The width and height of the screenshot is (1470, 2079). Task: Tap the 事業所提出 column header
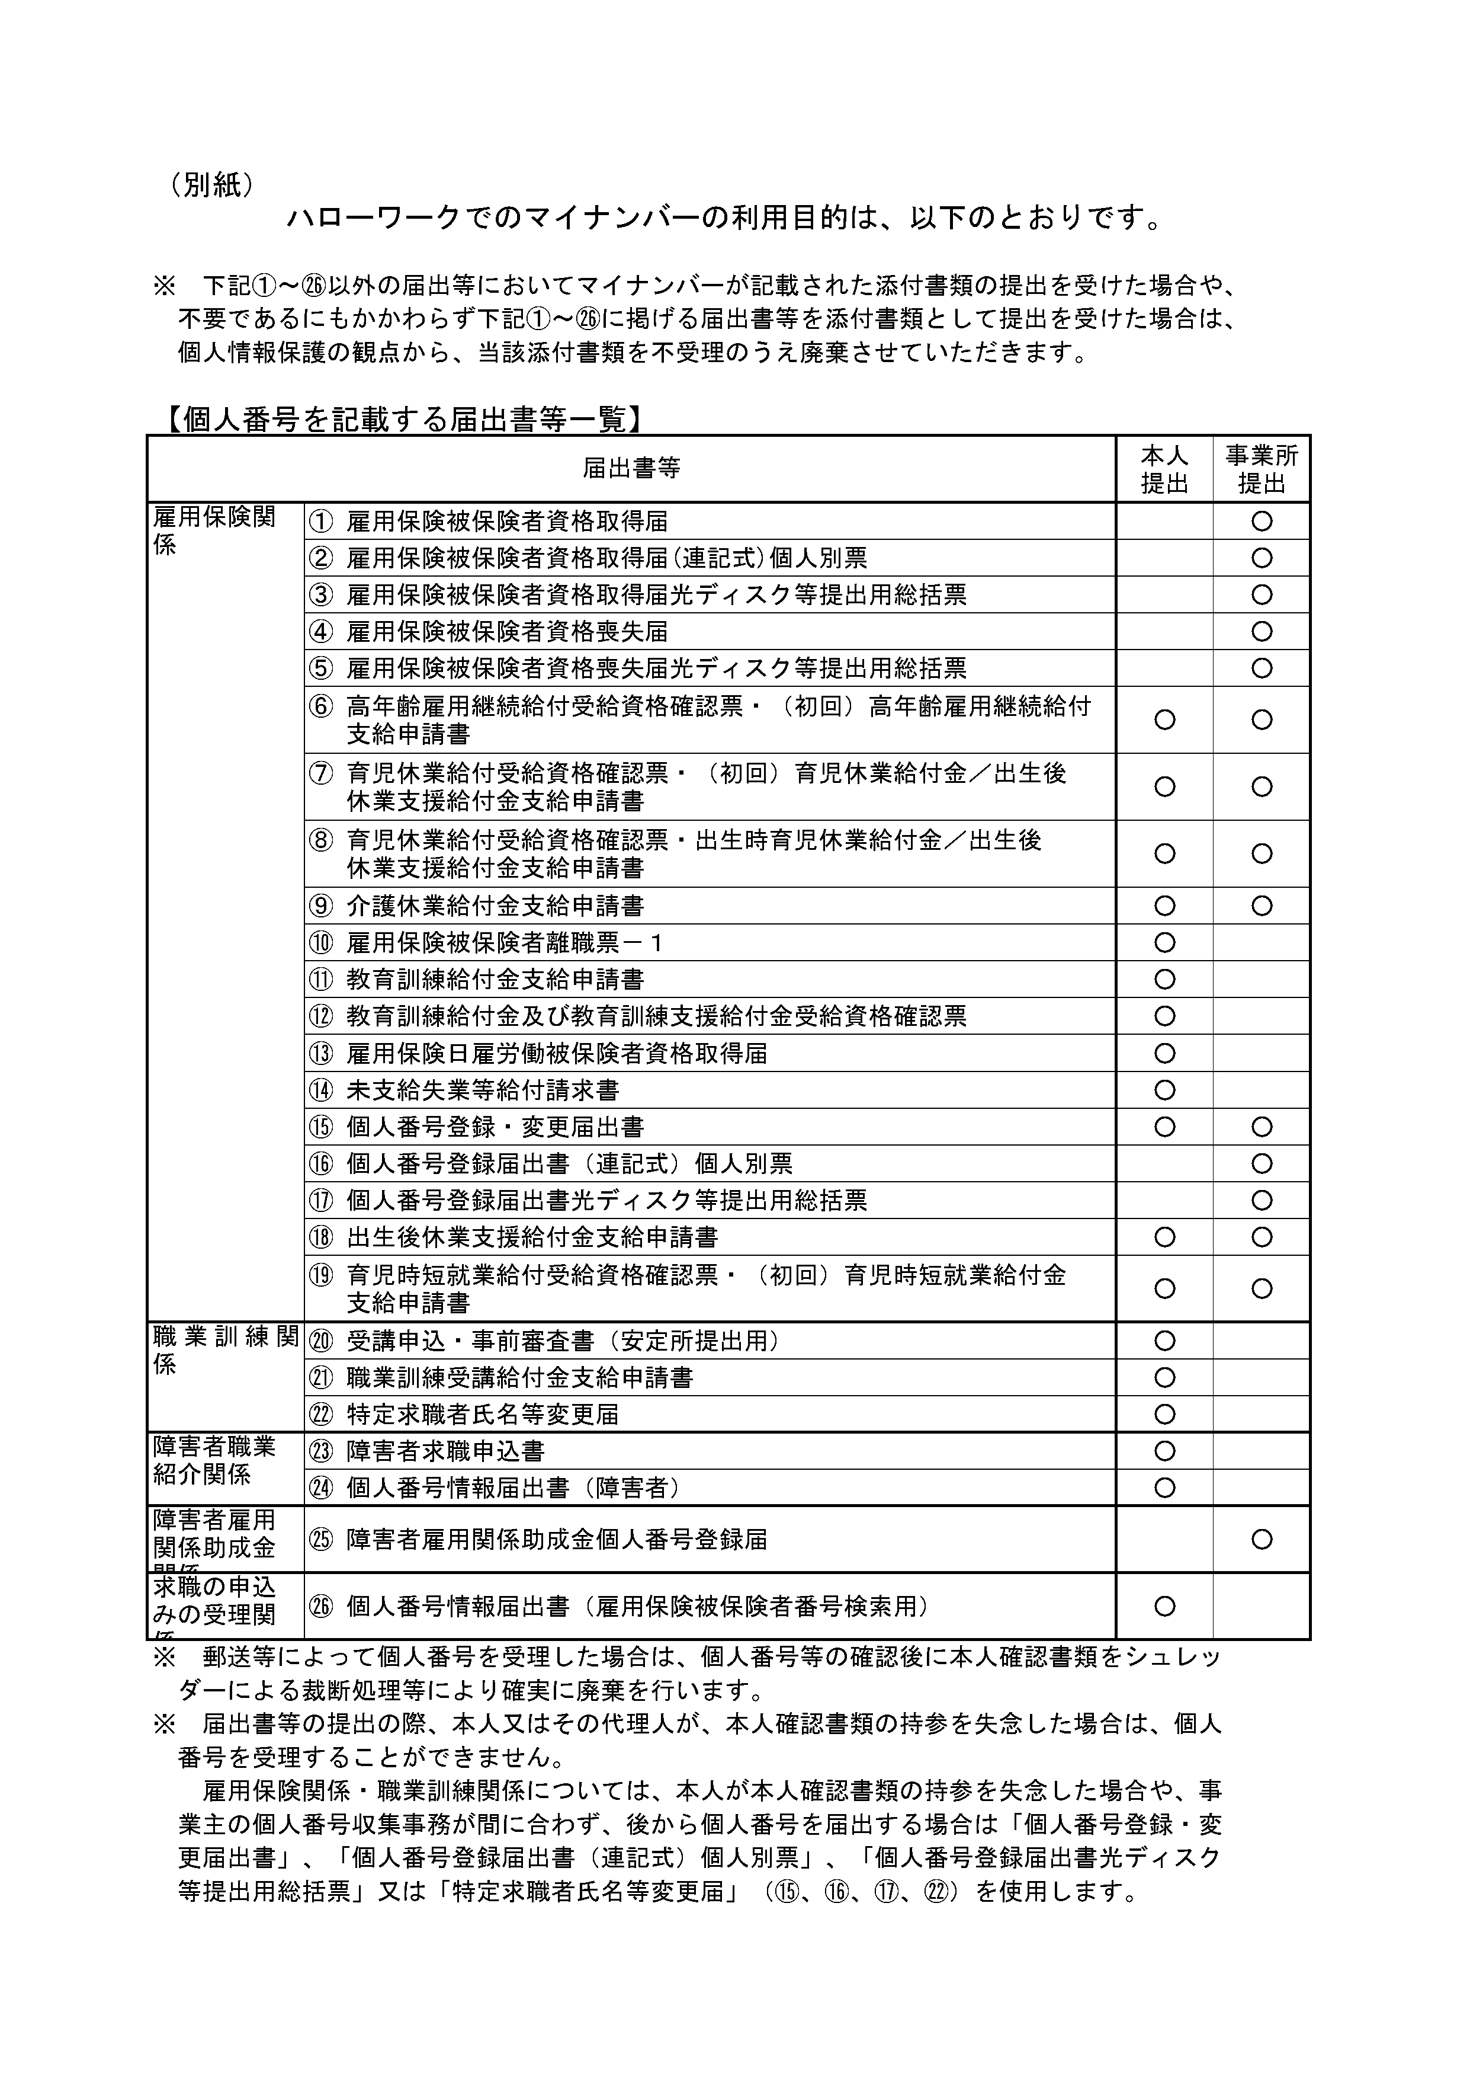click(x=1262, y=469)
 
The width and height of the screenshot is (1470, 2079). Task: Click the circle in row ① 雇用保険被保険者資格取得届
click(x=1262, y=521)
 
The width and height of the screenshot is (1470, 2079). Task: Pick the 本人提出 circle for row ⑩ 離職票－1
click(x=1165, y=943)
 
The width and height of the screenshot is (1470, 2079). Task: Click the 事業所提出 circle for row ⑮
click(x=1262, y=1127)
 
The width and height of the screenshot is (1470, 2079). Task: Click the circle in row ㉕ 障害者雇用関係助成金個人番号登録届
click(x=1262, y=1539)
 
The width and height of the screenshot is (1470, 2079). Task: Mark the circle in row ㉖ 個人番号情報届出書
click(x=1165, y=1606)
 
